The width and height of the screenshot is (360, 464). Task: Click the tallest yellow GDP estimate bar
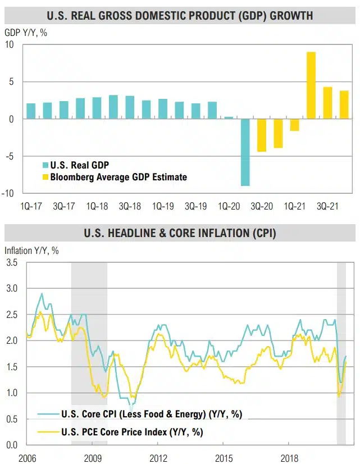tap(311, 85)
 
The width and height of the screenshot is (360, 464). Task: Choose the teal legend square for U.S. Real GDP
tap(45, 165)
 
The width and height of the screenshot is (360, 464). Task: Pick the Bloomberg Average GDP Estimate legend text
tap(119, 177)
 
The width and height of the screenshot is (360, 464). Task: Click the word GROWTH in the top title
tap(291, 15)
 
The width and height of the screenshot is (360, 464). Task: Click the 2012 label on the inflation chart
tap(158, 457)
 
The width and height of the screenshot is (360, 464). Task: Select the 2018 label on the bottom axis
tap(289, 457)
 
